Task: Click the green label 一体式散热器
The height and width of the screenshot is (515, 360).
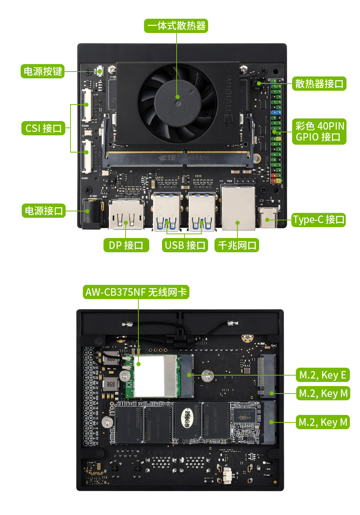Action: pyautogui.click(x=176, y=26)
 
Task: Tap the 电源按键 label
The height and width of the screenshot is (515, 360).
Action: pyautogui.click(x=42, y=71)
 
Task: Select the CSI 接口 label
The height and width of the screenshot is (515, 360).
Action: pyautogui.click(x=43, y=128)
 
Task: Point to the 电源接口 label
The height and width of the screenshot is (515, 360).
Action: pyautogui.click(x=43, y=211)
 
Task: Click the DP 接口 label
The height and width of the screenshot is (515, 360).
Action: pyautogui.click(x=126, y=245)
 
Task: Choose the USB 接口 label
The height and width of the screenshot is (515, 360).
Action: pyautogui.click(x=185, y=245)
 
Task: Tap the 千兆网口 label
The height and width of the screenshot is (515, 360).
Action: pyautogui.click(x=237, y=245)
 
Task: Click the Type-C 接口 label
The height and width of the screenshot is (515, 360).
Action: pyautogui.click(x=318, y=220)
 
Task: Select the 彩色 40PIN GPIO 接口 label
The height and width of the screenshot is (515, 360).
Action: pyautogui.click(x=319, y=131)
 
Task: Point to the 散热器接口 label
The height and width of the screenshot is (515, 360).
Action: pyautogui.click(x=319, y=84)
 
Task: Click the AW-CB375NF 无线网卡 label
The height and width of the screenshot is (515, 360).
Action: pyautogui.click(x=136, y=292)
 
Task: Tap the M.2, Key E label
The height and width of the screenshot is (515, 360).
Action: pyautogui.click(x=322, y=375)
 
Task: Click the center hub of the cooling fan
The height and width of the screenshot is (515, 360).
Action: pyautogui.click(x=177, y=97)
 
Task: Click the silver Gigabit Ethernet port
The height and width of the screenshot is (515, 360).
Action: pyautogui.click(x=238, y=209)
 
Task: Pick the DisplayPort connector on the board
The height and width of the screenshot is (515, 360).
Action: pyautogui.click(x=126, y=215)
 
